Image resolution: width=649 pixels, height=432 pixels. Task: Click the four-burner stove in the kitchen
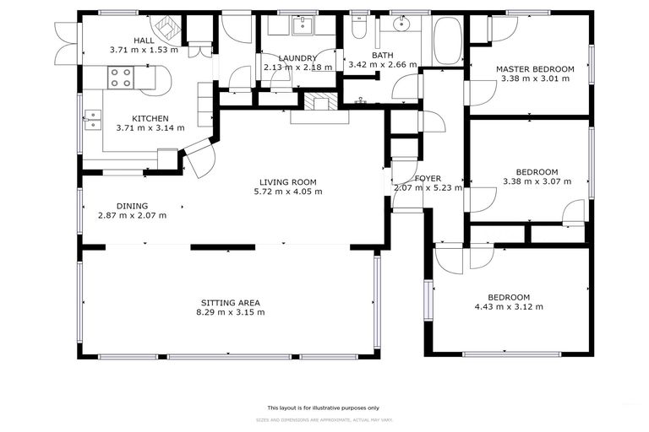pos(120,78)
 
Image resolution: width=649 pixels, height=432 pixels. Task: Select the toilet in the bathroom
pos(358,30)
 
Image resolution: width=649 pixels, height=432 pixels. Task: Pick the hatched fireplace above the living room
pos(320,102)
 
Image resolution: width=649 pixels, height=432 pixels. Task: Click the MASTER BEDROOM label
pos(534,69)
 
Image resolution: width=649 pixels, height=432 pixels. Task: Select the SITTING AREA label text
pos(230,302)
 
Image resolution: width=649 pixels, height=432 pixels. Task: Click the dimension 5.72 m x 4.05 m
pos(288,192)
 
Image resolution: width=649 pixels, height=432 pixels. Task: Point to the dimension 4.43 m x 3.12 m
pos(509,306)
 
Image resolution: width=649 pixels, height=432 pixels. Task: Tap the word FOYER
pos(428,178)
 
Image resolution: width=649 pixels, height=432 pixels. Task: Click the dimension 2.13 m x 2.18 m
pos(292,67)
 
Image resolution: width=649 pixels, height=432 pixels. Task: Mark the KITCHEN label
pos(149,118)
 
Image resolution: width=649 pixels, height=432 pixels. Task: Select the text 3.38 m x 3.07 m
pos(537,181)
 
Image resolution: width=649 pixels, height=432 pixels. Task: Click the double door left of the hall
pos(66,40)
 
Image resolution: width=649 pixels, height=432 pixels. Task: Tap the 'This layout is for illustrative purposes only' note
pos(324,407)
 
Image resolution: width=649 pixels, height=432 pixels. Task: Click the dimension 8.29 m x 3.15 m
pos(230,312)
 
